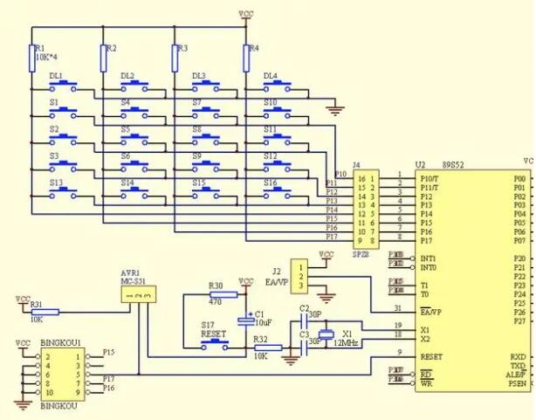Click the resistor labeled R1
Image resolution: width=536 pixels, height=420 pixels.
click(x=33, y=58)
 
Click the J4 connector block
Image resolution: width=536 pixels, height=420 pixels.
click(x=366, y=208)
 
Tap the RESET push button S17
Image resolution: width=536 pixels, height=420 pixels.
click(x=213, y=347)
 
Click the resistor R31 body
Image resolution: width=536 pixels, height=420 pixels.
click(x=46, y=312)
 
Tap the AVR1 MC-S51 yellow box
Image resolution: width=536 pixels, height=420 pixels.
click(x=139, y=293)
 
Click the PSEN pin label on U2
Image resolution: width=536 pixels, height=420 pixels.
click(x=518, y=383)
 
